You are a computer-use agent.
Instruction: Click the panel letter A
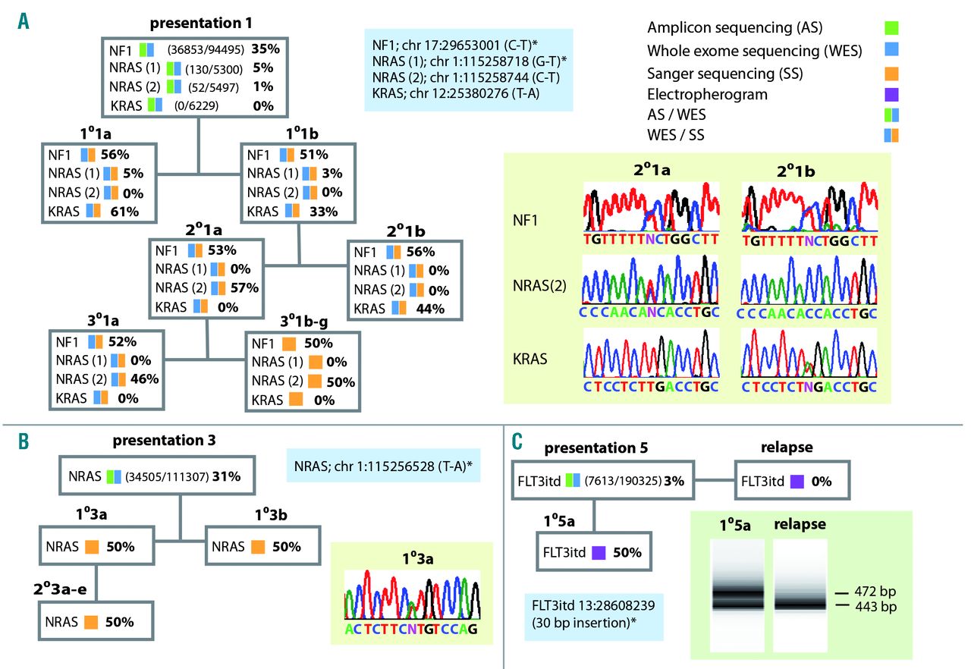(24, 21)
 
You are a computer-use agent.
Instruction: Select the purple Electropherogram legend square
(892, 94)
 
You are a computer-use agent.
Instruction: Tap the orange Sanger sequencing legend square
(892, 74)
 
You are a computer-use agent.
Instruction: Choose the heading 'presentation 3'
(155, 440)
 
